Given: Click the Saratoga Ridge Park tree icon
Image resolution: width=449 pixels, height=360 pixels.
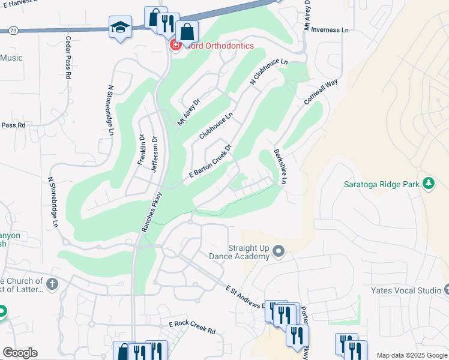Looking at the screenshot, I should coord(429,183).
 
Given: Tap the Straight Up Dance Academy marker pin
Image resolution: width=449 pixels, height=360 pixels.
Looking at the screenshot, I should coord(278,250).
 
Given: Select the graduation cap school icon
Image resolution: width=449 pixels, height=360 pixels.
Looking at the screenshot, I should coord(119,28).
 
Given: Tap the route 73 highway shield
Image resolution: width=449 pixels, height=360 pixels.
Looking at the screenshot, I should coord(13,30).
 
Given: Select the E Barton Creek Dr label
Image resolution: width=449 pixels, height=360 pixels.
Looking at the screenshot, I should coord(210,161).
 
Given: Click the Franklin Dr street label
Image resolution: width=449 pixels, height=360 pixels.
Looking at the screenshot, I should coord(142,149).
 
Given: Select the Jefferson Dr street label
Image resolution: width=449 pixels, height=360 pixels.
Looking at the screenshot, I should coord(154,154).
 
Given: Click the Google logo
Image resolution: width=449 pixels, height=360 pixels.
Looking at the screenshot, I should coord(20,353).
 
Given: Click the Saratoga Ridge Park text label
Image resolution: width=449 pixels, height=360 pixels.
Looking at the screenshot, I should coord(382,184).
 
